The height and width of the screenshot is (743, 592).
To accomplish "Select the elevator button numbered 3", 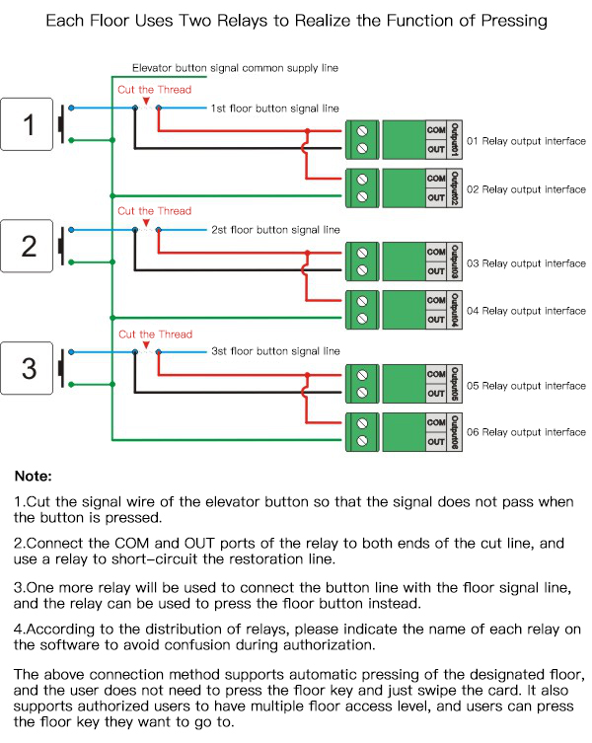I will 30,368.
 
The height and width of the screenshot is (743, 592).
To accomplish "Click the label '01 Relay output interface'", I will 526,141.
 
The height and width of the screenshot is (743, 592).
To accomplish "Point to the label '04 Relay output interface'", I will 526,311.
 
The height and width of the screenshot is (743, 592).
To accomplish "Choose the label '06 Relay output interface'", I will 526,432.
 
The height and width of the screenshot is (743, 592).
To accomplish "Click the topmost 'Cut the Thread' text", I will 155,90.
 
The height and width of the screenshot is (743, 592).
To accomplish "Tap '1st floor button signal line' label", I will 275,108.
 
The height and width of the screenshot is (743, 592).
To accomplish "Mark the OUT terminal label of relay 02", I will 436,197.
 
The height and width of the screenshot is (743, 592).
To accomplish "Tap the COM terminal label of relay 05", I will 436,374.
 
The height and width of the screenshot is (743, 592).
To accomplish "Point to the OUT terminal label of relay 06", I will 436,441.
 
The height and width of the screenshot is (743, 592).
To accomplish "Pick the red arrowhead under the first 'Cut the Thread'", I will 146,101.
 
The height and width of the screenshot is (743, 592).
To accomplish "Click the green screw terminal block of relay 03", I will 363,260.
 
